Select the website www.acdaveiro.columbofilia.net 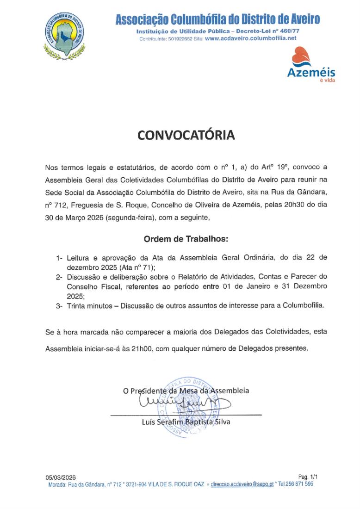250,39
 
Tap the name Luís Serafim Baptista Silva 186,422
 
